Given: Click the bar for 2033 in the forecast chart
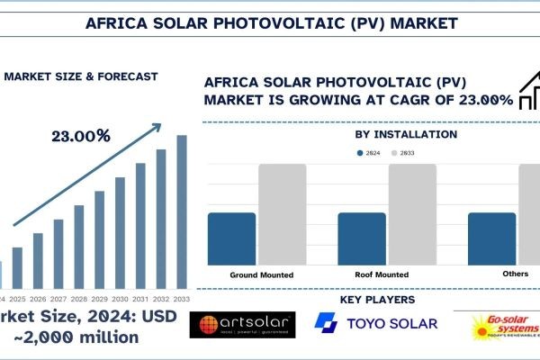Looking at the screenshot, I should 182,211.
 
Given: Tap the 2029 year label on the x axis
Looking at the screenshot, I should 100,298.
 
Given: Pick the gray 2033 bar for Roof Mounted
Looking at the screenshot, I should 412,213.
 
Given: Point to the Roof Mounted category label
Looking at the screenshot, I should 382,274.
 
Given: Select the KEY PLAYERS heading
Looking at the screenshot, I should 377,300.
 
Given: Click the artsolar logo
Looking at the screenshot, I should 242,326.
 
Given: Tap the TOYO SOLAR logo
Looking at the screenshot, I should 376,324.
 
